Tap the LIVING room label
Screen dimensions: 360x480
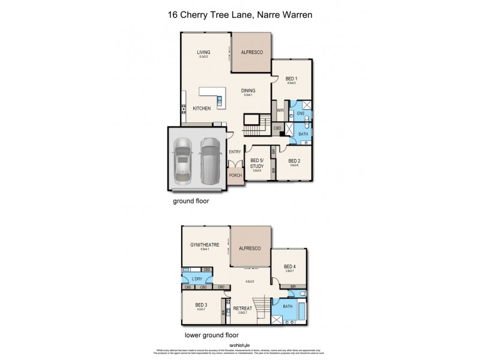coord(203,52)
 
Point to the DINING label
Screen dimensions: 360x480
coord(248,91)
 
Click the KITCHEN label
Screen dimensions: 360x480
coord(201,109)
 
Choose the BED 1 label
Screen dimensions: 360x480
coord(292,79)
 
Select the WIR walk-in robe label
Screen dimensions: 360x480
coord(280,110)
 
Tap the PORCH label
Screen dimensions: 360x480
coord(236,176)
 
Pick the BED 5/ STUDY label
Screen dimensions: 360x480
coord(257,163)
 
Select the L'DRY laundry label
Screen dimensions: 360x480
coord(196,278)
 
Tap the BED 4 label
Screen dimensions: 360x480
coord(290,266)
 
